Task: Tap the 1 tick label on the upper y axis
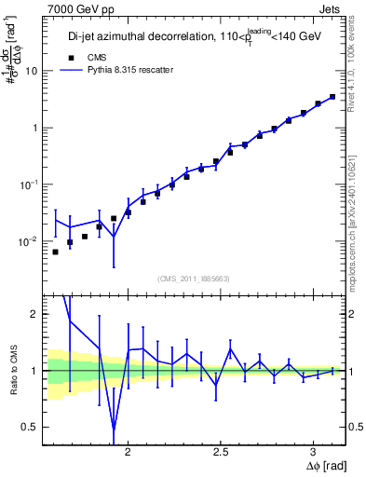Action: point(34,128)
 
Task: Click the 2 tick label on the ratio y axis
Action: point(34,314)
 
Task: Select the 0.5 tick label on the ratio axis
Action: point(30,427)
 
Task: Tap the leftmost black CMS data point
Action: point(55,252)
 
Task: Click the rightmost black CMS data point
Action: point(332,97)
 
